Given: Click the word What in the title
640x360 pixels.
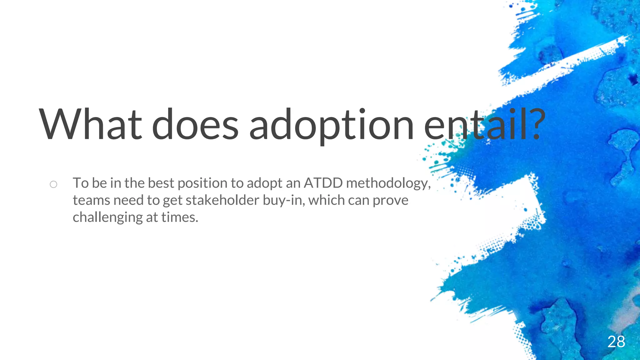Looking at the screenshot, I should pyautogui.click(x=91, y=124).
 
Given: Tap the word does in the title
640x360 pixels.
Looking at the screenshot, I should pyautogui.click(x=195, y=124).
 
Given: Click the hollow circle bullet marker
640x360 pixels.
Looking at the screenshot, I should pyautogui.click(x=53, y=184).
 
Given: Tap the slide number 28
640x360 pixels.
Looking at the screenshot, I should pyautogui.click(x=616, y=342).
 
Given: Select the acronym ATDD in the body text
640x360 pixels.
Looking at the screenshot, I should pyautogui.click(x=323, y=183).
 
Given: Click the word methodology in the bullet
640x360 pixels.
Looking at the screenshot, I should pyautogui.click(x=388, y=183).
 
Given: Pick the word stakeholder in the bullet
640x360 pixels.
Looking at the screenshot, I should pyautogui.click(x=222, y=200).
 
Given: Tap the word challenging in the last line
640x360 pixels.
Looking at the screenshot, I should pyautogui.click(x=107, y=217).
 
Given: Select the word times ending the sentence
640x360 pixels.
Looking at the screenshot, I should pyautogui.click(x=179, y=217).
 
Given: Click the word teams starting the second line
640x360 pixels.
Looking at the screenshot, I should pyautogui.click(x=91, y=200).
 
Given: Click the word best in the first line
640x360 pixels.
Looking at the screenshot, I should pyautogui.click(x=161, y=183).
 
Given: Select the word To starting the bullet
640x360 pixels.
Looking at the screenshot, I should pyautogui.click(x=81, y=183).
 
